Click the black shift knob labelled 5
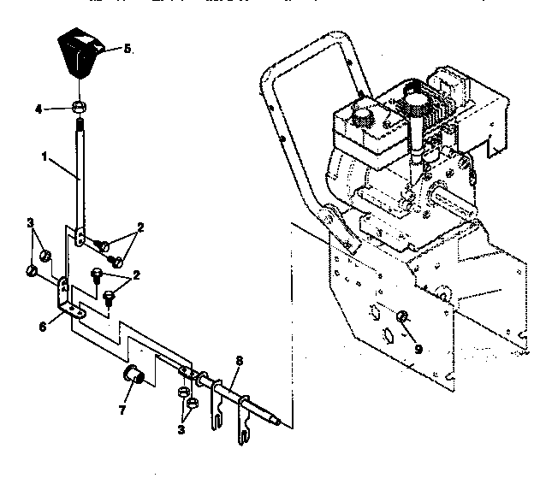point(80,54)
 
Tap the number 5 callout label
point(127,49)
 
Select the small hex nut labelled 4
point(78,107)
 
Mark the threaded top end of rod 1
point(78,128)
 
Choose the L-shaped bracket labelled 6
point(67,296)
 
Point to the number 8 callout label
point(239,361)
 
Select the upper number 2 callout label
point(139,227)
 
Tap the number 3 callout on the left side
point(31,223)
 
